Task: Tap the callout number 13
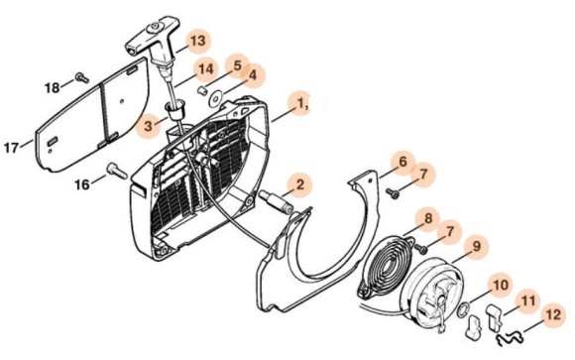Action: click(198, 41)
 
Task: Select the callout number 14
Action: click(205, 68)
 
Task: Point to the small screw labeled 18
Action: click(82, 77)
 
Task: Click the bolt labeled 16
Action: click(117, 172)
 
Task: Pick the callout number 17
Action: click(11, 148)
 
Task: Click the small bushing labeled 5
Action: click(201, 90)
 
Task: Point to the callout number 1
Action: click(300, 104)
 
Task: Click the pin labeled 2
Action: click(276, 202)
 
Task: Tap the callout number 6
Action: click(402, 162)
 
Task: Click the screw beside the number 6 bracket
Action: click(393, 193)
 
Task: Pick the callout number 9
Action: click(476, 246)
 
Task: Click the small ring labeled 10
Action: click(463, 309)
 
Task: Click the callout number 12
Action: click(553, 314)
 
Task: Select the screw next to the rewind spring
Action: click(421, 249)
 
